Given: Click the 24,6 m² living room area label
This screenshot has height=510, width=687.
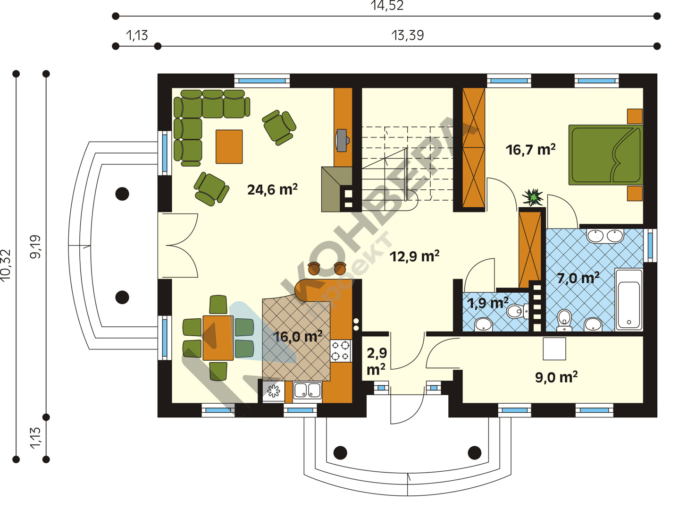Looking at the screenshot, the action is [272, 189].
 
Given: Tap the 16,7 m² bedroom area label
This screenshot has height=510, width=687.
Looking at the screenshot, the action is [530, 149].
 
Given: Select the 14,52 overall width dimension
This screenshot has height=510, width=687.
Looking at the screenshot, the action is [387, 6].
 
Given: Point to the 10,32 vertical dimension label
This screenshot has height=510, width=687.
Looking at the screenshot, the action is [6, 265].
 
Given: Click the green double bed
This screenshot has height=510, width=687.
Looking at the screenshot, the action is [605, 155].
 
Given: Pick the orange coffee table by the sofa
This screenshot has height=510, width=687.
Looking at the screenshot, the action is [229, 147].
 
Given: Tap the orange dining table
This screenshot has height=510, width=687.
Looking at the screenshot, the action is [218, 338].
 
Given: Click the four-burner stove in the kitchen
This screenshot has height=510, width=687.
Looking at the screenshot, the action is [341, 351].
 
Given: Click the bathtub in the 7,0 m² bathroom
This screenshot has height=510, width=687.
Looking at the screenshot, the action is [628, 300].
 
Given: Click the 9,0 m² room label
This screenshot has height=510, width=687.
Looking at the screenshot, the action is [556, 377].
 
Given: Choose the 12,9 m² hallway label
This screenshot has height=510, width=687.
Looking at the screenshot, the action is [414, 256].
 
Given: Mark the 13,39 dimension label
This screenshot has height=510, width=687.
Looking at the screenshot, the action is [408, 35].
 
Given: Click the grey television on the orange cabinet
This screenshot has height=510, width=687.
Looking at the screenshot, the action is [343, 140].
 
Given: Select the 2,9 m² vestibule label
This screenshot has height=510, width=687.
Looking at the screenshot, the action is [377, 362].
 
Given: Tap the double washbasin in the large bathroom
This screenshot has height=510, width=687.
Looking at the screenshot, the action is [605, 236].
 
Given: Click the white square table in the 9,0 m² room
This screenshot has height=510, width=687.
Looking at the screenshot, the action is [554, 349].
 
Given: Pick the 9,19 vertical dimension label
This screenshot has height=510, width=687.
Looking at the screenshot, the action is [35, 247].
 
